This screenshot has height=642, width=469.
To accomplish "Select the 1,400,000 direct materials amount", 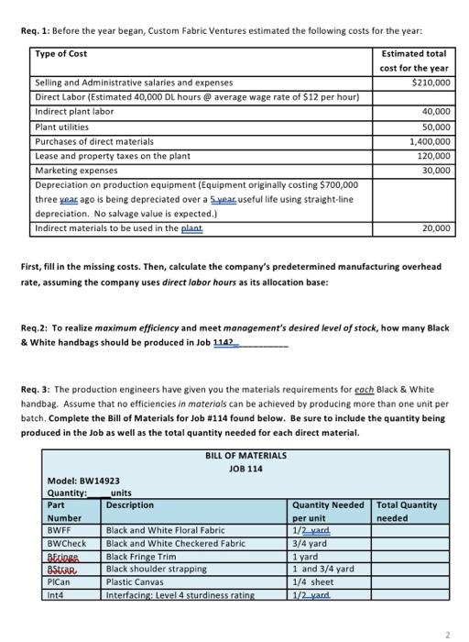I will pos(428,141).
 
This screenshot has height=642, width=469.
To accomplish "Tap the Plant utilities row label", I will pos(65,127).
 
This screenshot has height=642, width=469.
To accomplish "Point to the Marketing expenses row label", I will pos(78,171).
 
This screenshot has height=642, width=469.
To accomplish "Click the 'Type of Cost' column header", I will pos(61,54).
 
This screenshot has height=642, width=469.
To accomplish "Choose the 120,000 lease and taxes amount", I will pos(433,156).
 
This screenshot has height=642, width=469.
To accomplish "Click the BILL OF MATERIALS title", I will pos(246,455).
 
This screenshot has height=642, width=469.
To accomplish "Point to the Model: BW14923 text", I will pos(83,480).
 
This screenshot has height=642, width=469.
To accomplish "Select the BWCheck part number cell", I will pos(67,543).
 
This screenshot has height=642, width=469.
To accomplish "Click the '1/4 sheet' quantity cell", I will pos(313,581).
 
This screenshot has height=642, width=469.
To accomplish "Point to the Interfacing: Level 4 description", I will pos(180,594).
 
